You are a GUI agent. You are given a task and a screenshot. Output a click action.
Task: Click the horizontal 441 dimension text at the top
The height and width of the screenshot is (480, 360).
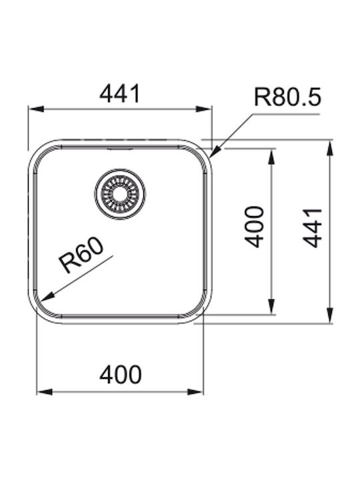pos(120,94)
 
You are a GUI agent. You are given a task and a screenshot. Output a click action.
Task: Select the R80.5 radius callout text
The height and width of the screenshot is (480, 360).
pos(287,97)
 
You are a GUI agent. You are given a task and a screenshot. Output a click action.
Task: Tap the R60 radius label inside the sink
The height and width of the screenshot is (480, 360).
pos(82,256)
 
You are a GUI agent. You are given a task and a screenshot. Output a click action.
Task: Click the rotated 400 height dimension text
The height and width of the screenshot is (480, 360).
pos(255,227)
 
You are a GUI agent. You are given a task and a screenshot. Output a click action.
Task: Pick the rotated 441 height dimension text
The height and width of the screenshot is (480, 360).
pos(312,228)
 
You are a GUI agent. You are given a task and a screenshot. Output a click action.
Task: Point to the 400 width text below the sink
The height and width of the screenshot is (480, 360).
pos(120,375)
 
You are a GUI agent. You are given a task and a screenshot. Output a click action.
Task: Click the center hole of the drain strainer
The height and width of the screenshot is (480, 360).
pos(120,193)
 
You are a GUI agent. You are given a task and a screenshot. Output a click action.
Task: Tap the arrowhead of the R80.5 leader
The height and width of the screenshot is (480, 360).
pos(216,152)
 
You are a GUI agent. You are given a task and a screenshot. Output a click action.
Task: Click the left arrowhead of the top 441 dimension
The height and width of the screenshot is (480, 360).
pos(36,109)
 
